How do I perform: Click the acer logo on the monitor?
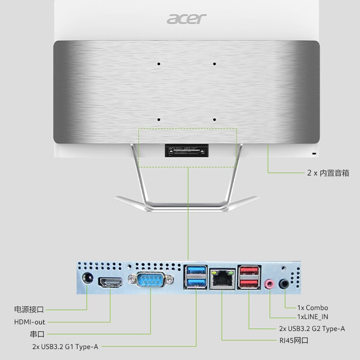point(187,18)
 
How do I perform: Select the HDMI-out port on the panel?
point(111,282)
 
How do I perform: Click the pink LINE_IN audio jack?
point(270,284)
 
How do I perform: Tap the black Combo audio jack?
point(285,284)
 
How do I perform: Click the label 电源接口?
point(29,310)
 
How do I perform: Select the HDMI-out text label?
point(30,322)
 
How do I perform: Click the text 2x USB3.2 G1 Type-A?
point(65,346)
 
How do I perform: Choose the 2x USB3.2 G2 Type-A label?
point(312,328)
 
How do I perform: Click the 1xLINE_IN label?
point(313,317)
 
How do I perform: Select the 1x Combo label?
point(313,308)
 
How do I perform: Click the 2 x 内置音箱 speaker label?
point(328,173)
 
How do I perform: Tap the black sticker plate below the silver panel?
point(187,150)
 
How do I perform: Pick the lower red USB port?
point(249,283)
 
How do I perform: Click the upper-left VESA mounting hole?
point(159,64)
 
